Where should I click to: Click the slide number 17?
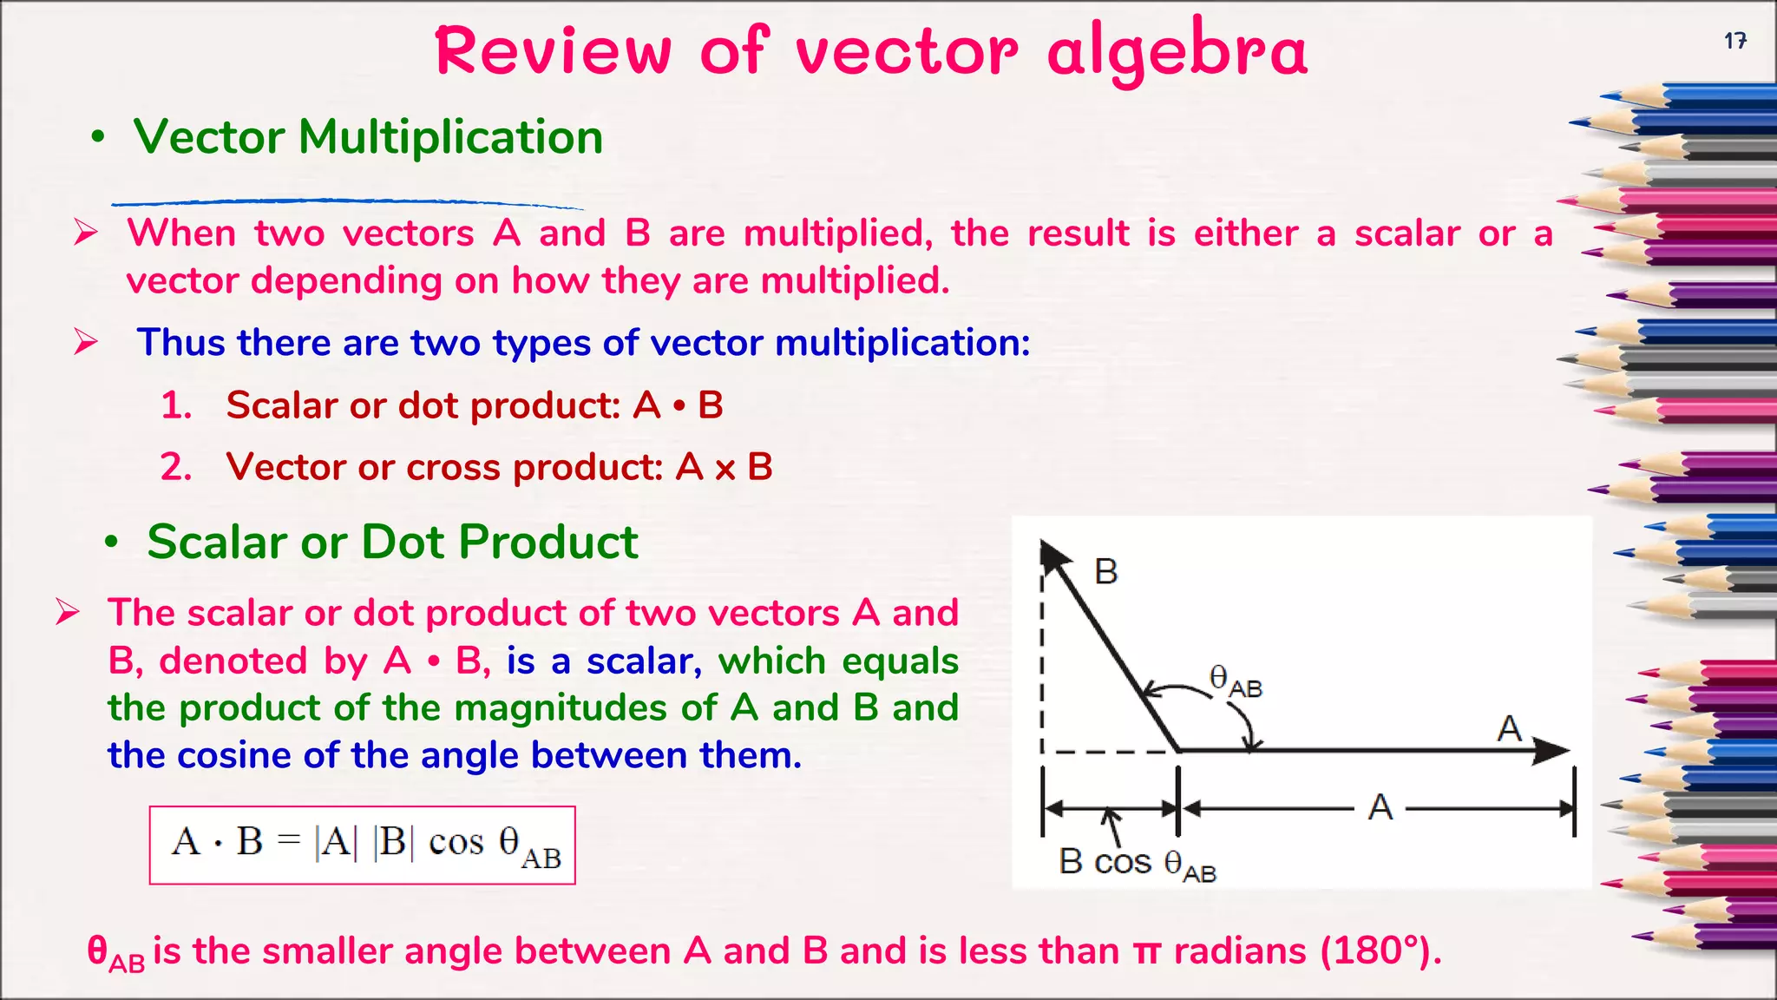point(1734,41)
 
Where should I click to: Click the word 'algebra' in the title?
point(1177,52)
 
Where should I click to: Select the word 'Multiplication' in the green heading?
point(450,137)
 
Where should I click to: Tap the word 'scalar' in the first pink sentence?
point(1407,234)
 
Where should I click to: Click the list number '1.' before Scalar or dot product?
point(176,405)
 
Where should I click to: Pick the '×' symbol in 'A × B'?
point(725,469)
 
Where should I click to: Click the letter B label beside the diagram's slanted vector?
point(1105,572)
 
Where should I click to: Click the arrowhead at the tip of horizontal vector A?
point(1553,750)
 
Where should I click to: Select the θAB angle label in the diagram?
point(1235,681)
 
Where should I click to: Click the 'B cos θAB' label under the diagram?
point(1137,863)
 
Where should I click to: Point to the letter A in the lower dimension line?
point(1380,808)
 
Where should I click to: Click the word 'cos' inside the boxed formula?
point(456,843)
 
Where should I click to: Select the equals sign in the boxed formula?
point(288,841)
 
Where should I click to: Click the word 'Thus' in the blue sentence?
point(181,343)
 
